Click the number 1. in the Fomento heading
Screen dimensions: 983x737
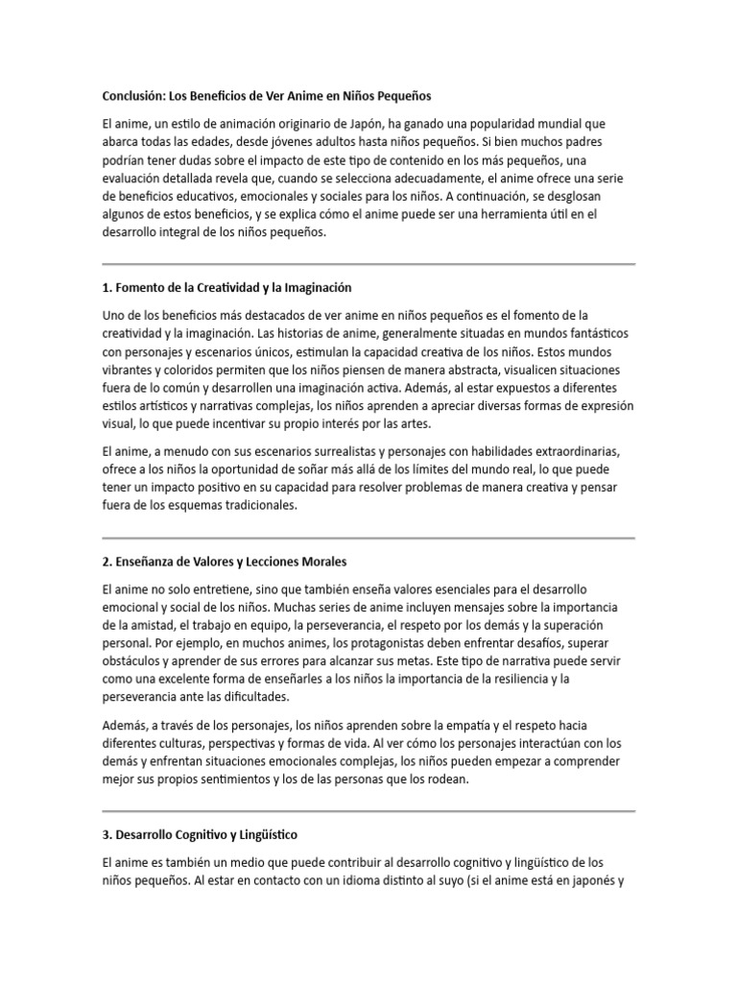pos(107,287)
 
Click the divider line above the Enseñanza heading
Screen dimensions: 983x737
pos(368,538)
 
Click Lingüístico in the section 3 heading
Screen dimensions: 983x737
pos(274,834)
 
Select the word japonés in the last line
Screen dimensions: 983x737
pos(592,880)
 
